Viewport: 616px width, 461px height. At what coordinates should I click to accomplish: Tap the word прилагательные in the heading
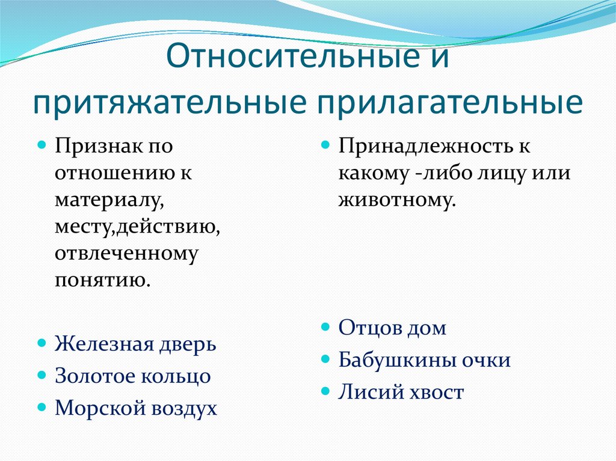[450, 103]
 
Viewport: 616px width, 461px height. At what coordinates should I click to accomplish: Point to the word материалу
[109, 200]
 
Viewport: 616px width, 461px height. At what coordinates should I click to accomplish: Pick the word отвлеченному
[126, 254]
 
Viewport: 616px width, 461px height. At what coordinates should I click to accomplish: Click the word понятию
[102, 280]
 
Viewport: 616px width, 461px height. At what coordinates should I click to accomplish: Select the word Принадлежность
[425, 147]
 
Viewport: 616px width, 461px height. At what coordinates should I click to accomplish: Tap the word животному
[397, 200]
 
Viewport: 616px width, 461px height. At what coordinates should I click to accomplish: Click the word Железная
[104, 344]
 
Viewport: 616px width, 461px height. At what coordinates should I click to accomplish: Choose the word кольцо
[176, 376]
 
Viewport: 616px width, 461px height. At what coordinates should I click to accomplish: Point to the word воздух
[184, 408]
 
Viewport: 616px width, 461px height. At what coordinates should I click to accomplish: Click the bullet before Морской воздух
[42, 407]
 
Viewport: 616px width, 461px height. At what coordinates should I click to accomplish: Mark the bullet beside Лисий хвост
[325, 391]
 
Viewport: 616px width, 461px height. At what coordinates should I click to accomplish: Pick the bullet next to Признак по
[42, 145]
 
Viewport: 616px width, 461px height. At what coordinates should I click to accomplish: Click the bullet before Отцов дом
[325, 326]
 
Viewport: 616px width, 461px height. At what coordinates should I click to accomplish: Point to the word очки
[486, 360]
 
